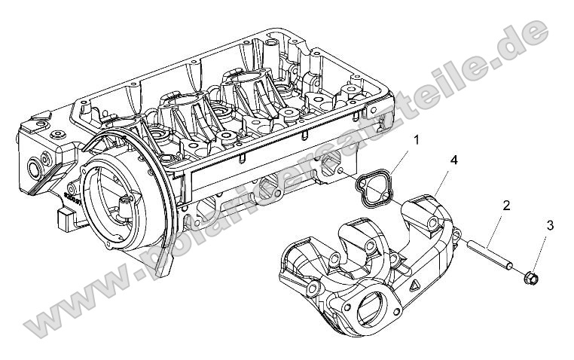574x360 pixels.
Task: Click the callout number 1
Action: click(416, 140)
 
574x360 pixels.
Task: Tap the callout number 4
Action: click(454, 160)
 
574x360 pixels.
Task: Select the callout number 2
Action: click(507, 205)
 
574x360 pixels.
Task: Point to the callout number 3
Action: click(550, 225)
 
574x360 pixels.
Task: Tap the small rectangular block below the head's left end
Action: click(63, 220)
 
